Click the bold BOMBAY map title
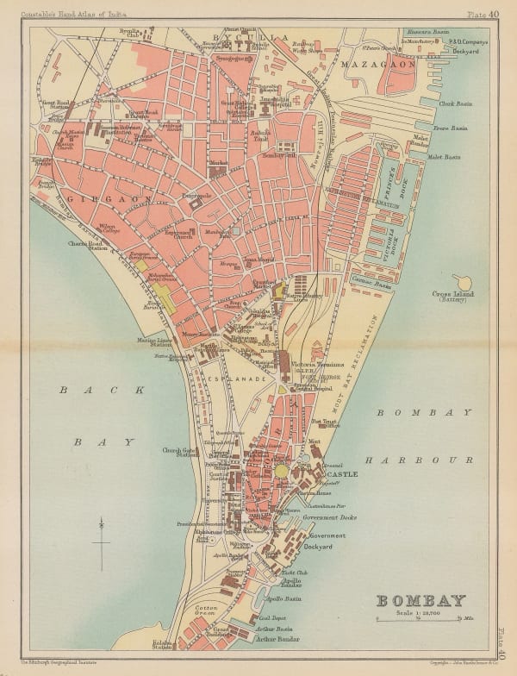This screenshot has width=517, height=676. coord(421,600)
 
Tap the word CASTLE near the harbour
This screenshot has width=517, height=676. coord(340,474)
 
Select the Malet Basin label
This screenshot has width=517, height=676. coord(454,158)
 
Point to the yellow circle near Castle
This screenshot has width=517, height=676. coord(282,472)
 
